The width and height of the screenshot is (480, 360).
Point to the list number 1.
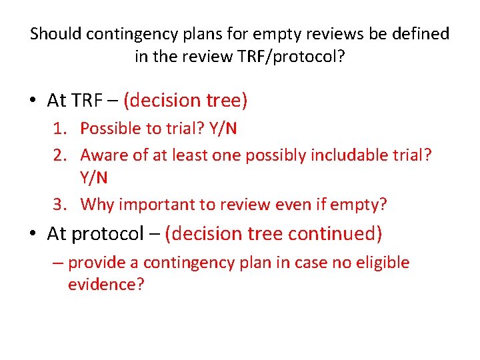click(68, 129)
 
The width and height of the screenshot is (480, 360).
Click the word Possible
click(110, 129)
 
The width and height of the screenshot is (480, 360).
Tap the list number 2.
click(68, 155)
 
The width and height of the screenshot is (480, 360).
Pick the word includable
click(343, 155)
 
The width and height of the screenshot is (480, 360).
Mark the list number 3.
click(68, 205)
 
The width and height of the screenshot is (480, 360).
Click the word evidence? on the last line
click(106, 285)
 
